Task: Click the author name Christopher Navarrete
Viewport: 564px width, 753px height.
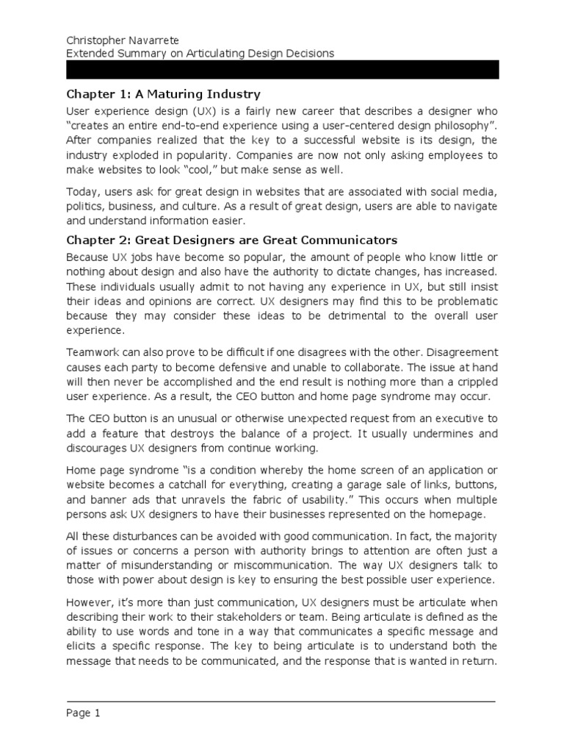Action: tap(125, 40)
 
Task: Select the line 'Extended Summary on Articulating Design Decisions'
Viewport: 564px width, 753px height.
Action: tap(200, 53)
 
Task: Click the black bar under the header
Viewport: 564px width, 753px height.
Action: tap(283, 70)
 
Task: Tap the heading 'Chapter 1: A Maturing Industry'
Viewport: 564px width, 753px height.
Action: tap(163, 95)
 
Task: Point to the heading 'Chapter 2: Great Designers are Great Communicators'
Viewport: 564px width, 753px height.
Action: tap(231, 240)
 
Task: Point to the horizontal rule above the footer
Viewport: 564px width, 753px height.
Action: tap(283, 701)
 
